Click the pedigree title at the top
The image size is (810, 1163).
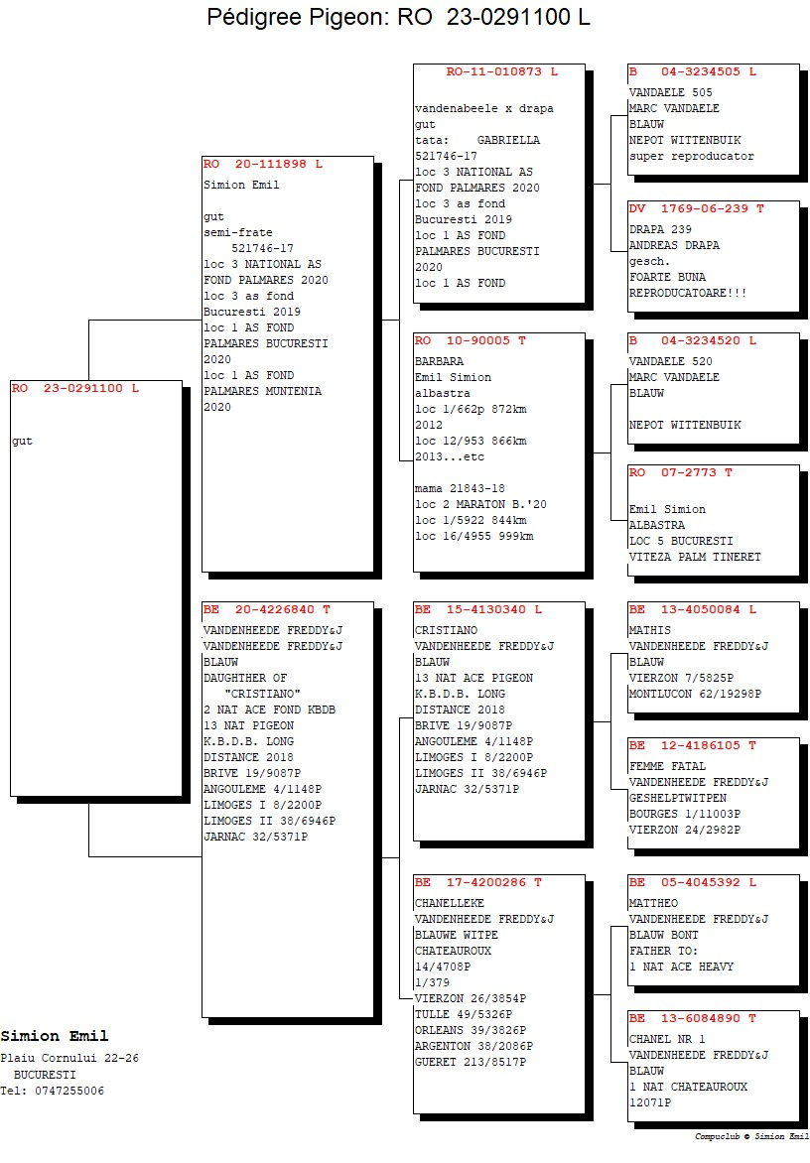click(x=398, y=16)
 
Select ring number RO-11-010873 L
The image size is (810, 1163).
click(x=501, y=72)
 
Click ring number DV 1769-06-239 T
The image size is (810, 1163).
click(x=697, y=209)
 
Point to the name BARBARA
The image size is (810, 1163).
click(x=439, y=361)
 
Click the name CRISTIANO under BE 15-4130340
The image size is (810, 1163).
click(x=447, y=630)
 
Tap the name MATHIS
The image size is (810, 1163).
click(x=650, y=630)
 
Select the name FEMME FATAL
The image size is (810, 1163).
click(x=668, y=766)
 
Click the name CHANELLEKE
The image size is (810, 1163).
click(x=450, y=903)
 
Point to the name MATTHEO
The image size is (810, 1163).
click(x=653, y=903)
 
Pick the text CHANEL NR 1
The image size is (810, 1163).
click(x=667, y=1039)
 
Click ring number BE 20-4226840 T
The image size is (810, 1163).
click(x=267, y=609)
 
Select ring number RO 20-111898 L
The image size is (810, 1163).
click(x=263, y=164)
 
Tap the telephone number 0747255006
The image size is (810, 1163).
click(x=69, y=1091)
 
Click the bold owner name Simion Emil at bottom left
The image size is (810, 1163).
click(x=55, y=1036)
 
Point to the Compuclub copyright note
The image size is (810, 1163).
click(x=751, y=1136)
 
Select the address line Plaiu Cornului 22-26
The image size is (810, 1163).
click(x=69, y=1059)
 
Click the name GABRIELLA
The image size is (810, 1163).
click(x=509, y=140)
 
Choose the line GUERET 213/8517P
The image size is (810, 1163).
click(x=471, y=1062)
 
